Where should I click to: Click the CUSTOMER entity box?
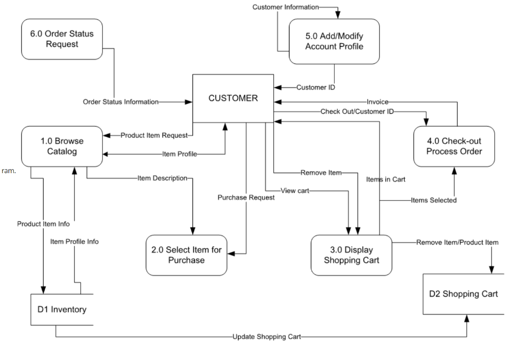(233, 99)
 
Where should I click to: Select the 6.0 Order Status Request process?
(61, 39)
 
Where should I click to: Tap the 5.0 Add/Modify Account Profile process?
(334, 41)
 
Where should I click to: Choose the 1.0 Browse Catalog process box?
(61, 146)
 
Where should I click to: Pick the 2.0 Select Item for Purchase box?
(186, 255)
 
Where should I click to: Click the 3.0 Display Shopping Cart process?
(351, 255)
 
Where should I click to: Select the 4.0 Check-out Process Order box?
(454, 146)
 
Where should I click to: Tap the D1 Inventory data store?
(61, 309)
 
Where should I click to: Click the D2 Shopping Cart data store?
(464, 293)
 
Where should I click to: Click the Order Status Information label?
(120, 102)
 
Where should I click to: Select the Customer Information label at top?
(285, 7)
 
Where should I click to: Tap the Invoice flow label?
(377, 102)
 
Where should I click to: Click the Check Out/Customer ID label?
(357, 111)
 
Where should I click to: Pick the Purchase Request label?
(246, 198)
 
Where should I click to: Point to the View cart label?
(295, 190)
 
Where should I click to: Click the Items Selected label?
(434, 200)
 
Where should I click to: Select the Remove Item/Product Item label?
(457, 242)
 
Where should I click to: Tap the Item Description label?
(162, 178)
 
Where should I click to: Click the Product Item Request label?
(153, 135)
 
